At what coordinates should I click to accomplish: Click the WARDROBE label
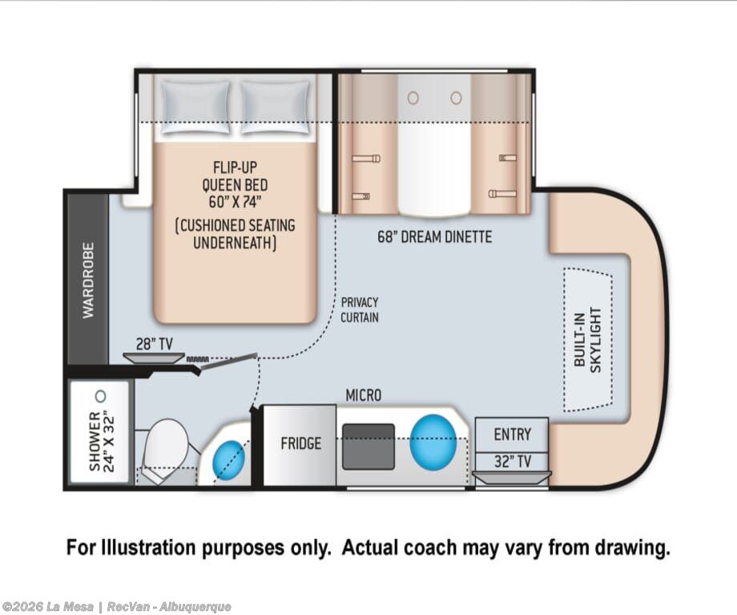click(x=88, y=281)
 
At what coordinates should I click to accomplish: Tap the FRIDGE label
click(x=301, y=443)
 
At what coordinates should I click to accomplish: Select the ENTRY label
click(x=513, y=434)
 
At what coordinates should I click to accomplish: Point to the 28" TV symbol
click(x=154, y=358)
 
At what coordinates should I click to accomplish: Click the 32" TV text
click(x=513, y=462)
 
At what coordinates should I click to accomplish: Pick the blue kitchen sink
click(x=433, y=443)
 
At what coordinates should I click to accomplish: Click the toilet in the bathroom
click(x=163, y=448)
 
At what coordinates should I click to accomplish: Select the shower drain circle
click(x=100, y=396)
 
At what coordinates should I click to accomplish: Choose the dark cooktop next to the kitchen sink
click(x=368, y=447)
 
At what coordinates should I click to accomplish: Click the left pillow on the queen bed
click(x=195, y=108)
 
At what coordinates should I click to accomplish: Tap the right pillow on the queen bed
click(x=276, y=108)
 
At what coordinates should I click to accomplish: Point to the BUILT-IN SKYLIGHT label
click(x=587, y=340)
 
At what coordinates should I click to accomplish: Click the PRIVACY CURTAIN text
click(x=360, y=310)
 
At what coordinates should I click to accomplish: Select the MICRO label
click(x=364, y=396)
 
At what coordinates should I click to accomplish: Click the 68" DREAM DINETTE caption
click(x=435, y=237)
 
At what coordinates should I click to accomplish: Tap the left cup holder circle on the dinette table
click(x=413, y=98)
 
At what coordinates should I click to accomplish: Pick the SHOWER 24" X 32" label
click(x=101, y=441)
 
